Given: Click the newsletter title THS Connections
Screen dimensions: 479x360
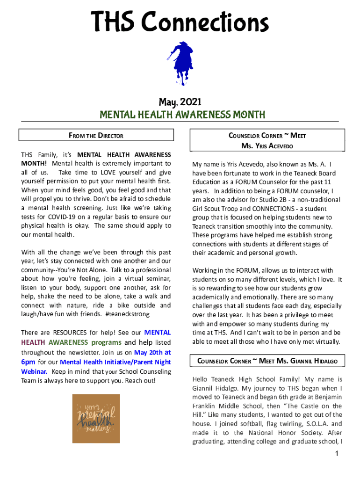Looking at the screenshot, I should pos(180,22).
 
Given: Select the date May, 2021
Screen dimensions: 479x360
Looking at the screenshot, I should pos(180,102).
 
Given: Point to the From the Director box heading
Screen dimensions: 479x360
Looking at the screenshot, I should pos(96,136).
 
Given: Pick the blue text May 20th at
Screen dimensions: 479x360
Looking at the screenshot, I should pos(152,353).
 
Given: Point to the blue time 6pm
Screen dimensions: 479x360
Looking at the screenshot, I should pos(28,362).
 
